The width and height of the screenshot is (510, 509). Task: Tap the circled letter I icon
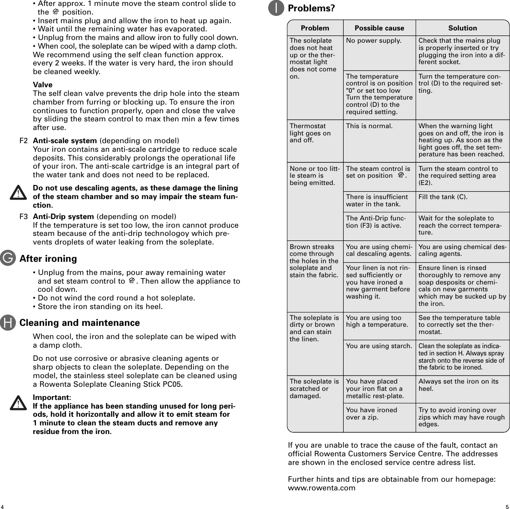pos(276,8)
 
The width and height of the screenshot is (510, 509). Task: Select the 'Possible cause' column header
pos(379,28)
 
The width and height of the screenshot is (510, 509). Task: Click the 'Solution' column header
pos(462,28)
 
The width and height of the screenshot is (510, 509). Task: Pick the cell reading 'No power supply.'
pos(374,40)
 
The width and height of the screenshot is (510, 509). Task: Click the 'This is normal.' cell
pos(369,126)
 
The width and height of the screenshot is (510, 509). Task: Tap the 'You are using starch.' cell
pos(378,346)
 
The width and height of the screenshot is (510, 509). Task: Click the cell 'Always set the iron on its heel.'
pos(458,385)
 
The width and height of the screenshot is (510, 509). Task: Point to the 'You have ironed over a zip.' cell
pos(371,413)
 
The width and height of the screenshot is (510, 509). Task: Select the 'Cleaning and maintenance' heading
pos(80,323)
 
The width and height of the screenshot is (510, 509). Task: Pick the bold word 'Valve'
pos(43,85)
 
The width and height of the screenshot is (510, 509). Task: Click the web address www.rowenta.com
pos(321,488)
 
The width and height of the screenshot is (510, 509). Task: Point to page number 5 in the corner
pos(506,506)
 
